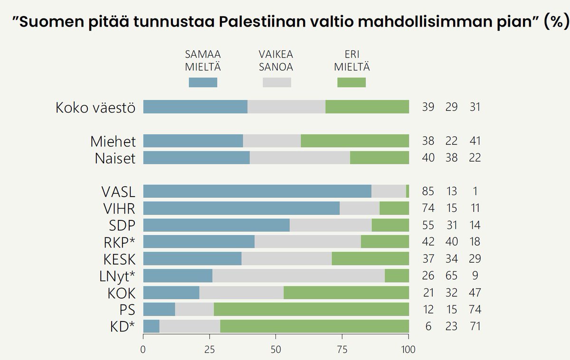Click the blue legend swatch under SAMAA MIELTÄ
(203, 83)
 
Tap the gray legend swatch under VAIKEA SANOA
(276, 83)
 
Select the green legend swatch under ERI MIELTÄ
(351, 83)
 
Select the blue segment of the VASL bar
(257, 191)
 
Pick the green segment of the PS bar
(311, 310)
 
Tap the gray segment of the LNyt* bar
(298, 276)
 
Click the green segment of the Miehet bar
(355, 141)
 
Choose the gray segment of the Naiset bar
(300, 158)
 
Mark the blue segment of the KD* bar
(151, 326)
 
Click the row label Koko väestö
(95, 107)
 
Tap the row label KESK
(119, 259)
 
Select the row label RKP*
(119, 242)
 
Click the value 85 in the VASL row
(428, 191)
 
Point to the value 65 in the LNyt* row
(451, 276)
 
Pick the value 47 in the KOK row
(475, 293)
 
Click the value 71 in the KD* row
(475, 326)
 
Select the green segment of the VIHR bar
(394, 208)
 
